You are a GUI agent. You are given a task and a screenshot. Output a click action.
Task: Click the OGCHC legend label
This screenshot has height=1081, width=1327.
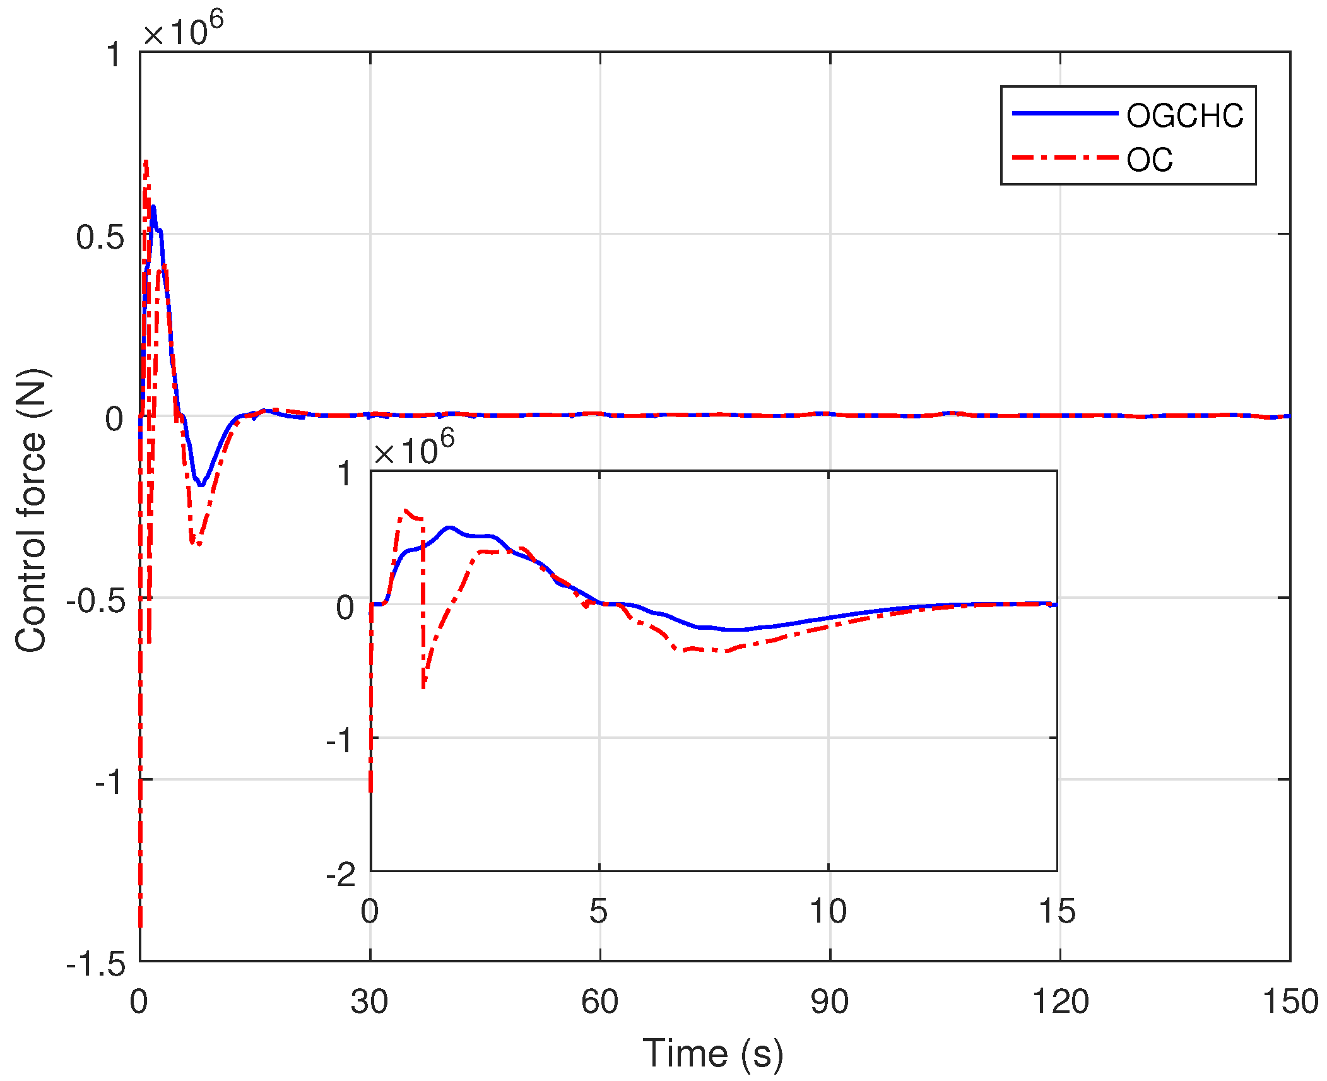(x=1184, y=116)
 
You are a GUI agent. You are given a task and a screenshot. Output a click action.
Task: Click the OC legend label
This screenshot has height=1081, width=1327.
(x=1150, y=160)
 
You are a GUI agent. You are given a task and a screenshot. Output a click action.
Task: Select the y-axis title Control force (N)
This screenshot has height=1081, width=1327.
(x=32, y=510)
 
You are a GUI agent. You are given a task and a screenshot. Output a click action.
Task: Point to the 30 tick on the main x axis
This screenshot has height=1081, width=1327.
(x=369, y=1001)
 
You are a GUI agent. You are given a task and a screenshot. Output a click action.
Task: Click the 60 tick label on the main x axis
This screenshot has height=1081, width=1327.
(x=599, y=1001)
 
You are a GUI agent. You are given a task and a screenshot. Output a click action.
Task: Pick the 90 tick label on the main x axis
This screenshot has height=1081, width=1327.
(x=829, y=1001)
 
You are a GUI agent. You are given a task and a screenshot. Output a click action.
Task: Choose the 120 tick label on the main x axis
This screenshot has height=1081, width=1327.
(x=1060, y=1001)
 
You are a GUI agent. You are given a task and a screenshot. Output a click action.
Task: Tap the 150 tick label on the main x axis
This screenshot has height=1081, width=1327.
(x=1290, y=1001)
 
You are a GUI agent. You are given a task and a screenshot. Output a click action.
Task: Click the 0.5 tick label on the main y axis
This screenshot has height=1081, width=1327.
(x=100, y=237)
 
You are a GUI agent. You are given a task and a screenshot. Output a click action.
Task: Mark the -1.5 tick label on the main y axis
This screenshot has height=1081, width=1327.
(x=95, y=964)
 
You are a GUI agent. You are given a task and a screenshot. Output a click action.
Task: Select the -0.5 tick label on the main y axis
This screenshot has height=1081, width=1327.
(x=95, y=601)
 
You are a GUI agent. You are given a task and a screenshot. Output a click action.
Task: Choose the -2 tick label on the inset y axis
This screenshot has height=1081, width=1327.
(x=341, y=874)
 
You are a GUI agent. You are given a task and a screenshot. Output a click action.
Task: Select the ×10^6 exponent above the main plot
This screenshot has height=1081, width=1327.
(x=183, y=29)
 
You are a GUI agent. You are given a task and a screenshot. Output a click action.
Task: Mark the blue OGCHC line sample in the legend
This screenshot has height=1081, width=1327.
(x=1065, y=114)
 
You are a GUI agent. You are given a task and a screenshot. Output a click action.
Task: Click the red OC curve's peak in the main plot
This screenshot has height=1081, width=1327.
(x=146, y=163)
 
